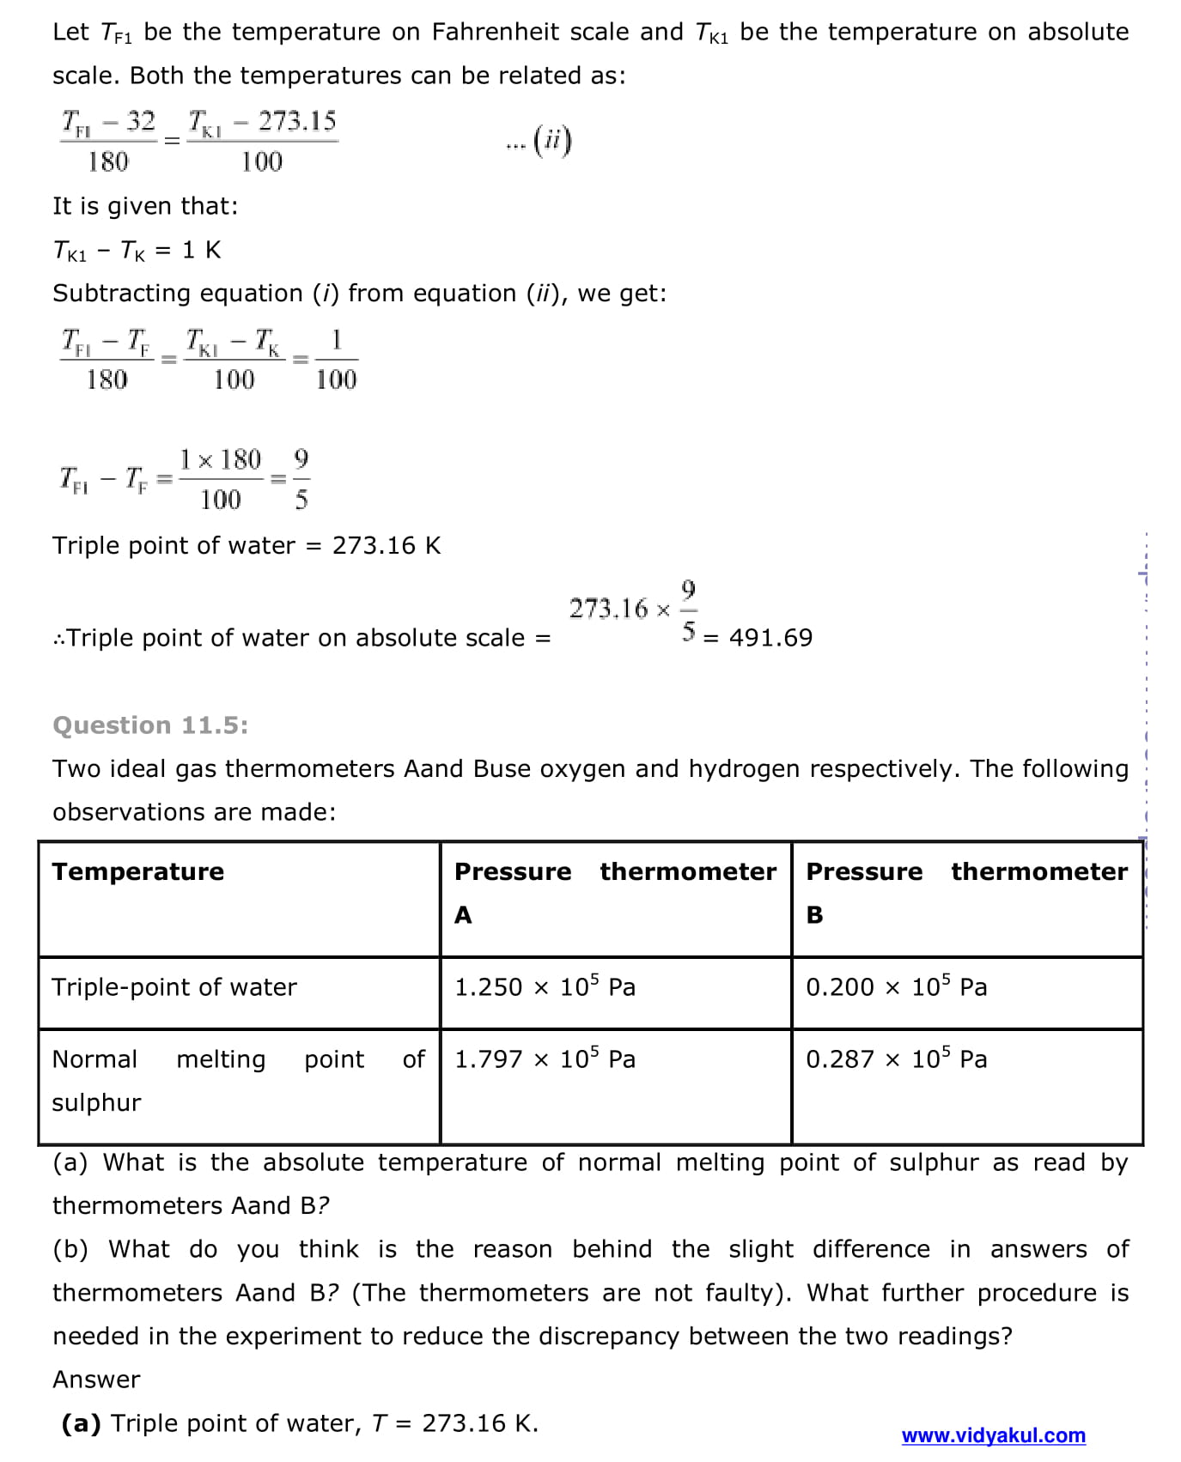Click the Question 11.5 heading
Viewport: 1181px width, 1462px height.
coord(150,725)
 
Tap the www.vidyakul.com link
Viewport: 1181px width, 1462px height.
coord(993,1435)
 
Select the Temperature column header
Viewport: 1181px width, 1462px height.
coord(137,871)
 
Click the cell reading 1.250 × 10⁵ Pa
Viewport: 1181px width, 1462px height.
coord(545,987)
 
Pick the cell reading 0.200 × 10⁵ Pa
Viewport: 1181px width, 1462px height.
coord(896,987)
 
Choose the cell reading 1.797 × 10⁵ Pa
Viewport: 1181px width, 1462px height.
coord(545,1059)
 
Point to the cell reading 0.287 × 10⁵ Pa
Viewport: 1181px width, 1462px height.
coord(896,1059)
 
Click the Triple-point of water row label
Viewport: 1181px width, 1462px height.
coord(174,987)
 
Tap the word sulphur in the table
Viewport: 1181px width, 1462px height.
coord(96,1102)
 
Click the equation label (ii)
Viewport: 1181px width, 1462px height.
coord(551,140)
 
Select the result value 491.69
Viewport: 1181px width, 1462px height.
coord(770,638)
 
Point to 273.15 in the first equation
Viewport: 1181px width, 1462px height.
coord(297,121)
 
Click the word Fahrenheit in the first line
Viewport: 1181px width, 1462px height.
coord(495,32)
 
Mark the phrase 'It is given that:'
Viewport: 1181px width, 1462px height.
coord(145,206)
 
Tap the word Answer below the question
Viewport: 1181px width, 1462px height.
coord(96,1380)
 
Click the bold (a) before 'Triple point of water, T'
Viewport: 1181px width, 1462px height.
coord(81,1423)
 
